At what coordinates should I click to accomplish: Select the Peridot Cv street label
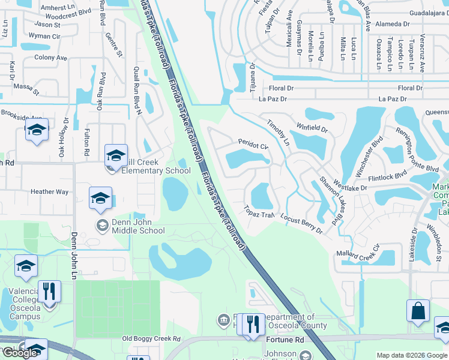click(253, 145)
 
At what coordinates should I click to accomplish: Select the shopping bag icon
click(418, 311)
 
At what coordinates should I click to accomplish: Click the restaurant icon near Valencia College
click(49, 292)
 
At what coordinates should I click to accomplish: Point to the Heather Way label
click(49, 192)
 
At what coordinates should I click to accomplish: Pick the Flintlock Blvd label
click(388, 177)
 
